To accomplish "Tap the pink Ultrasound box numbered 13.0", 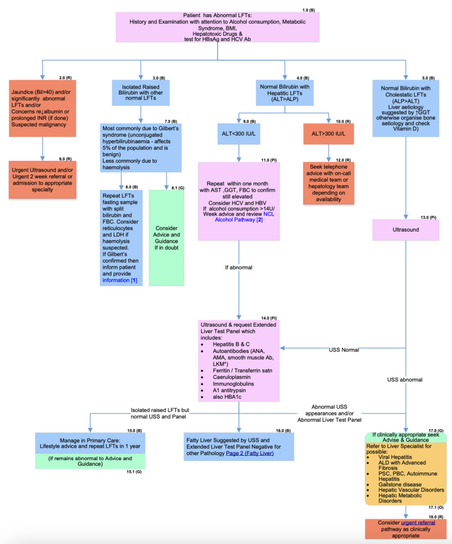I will pyautogui.click(x=406, y=231).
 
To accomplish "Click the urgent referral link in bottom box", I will pyautogui.click(x=418, y=522).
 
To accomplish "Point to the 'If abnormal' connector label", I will pyautogui.click(x=239, y=267).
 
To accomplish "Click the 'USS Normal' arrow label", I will pyautogui.click(x=343, y=350).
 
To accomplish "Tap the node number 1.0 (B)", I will pyautogui.click(x=308, y=10).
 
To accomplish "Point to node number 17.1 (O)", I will pyautogui.click(x=437, y=507).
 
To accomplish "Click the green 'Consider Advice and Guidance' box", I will pyautogui.click(x=167, y=238).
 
